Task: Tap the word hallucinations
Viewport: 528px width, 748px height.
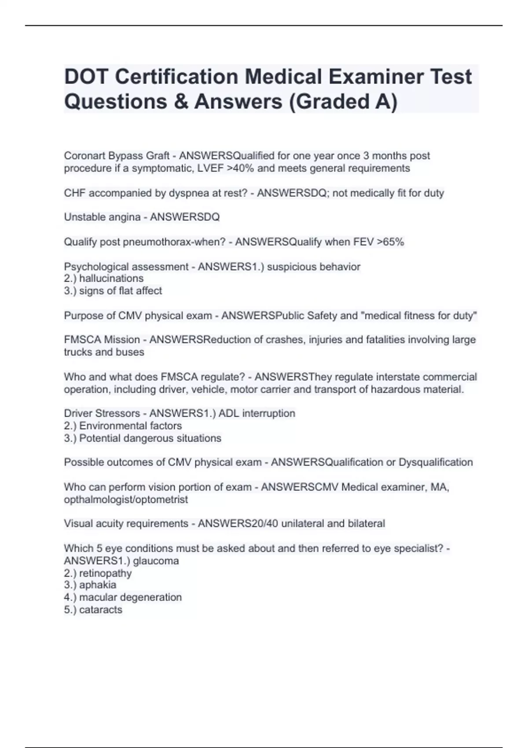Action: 111,279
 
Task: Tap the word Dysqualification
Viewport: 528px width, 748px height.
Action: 436,462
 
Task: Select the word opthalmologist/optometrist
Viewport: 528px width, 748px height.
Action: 126,499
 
